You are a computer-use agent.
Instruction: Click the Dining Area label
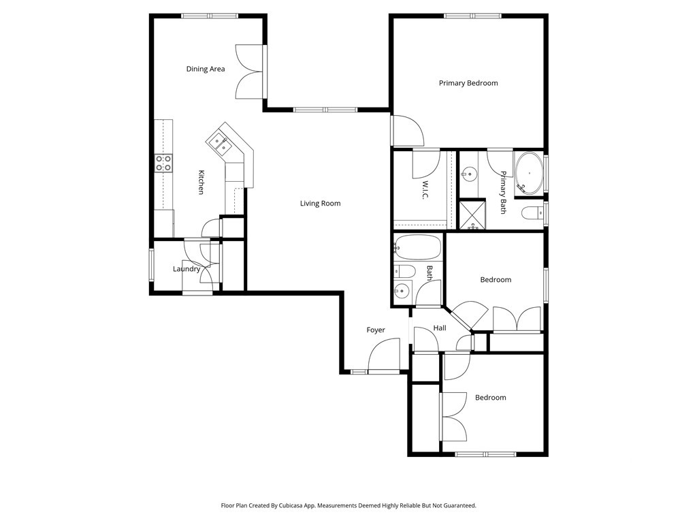point(206,69)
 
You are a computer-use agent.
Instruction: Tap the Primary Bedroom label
point(468,83)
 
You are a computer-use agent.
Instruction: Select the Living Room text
point(320,203)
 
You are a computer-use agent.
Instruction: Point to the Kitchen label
point(201,182)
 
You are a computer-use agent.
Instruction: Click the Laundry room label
point(187,269)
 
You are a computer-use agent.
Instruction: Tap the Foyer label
point(376,330)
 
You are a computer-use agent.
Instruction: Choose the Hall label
point(440,328)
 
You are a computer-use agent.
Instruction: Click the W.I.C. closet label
point(425,190)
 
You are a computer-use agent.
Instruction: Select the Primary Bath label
point(503,192)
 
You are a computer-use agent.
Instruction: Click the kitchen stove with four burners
point(163,163)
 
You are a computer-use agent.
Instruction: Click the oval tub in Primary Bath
point(529,173)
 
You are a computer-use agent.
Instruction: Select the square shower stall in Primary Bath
point(472,215)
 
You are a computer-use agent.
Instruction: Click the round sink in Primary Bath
point(468,174)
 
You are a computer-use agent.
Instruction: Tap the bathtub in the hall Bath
point(417,247)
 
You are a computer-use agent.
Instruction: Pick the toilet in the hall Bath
point(404,270)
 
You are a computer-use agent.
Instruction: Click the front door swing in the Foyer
point(384,354)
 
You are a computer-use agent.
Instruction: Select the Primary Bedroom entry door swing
point(408,131)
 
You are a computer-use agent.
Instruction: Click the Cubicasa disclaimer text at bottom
point(348,506)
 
